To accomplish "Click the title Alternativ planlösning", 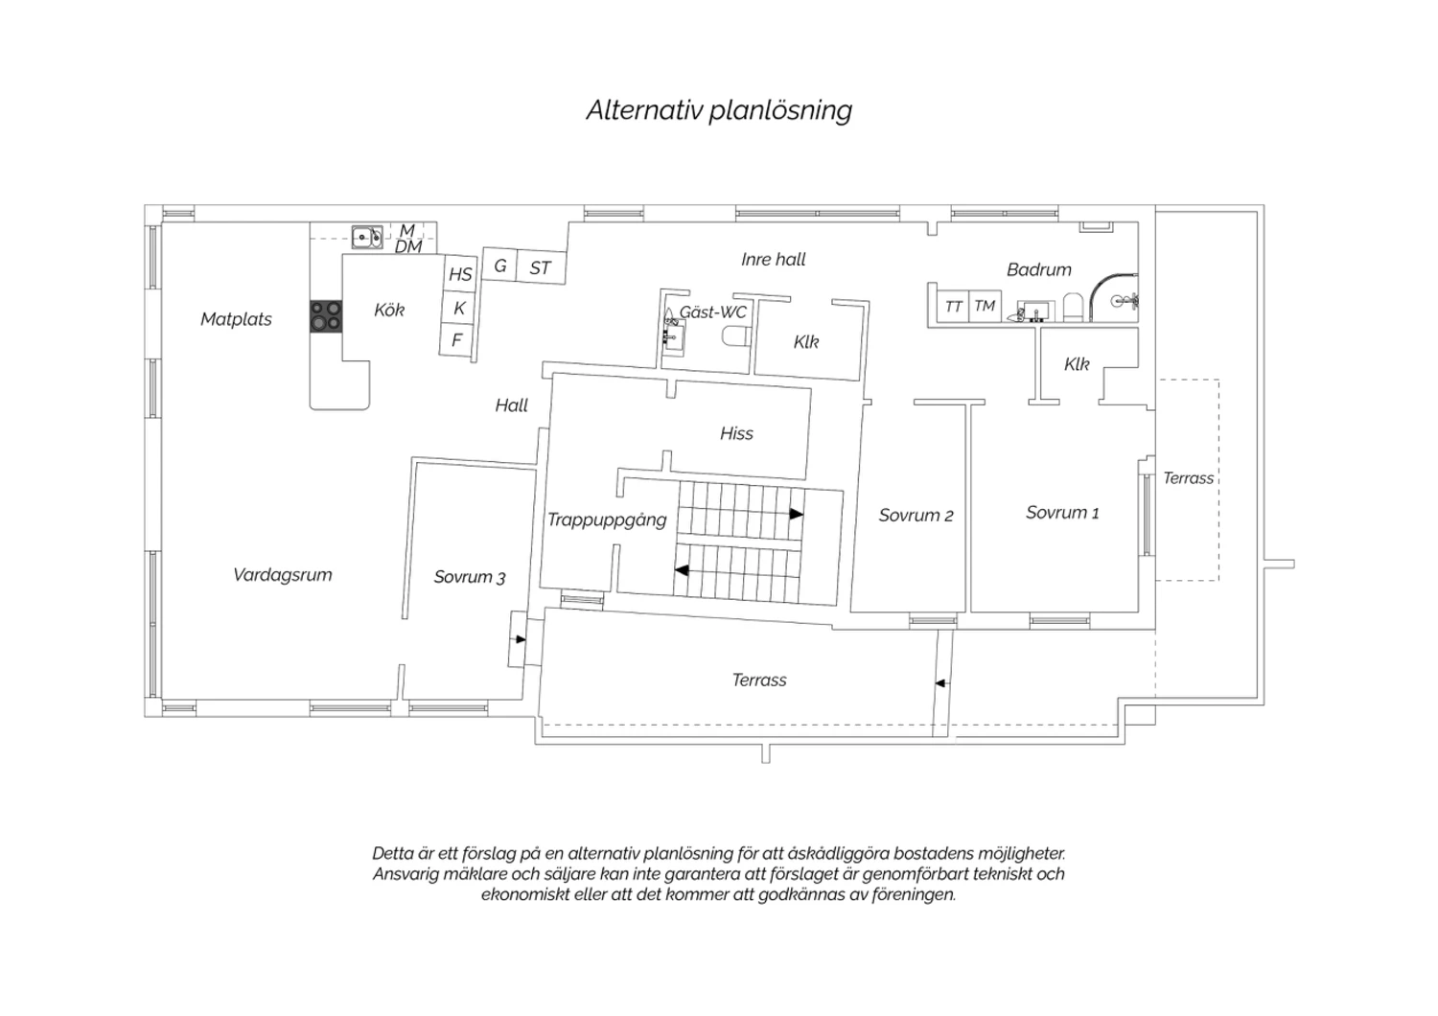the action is pos(719,110).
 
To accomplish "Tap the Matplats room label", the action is pos(236,319).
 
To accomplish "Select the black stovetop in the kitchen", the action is pos(326,316).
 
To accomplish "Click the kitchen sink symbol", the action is pos(367,237).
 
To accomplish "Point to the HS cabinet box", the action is pos(460,274).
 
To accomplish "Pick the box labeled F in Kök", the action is pos(457,339).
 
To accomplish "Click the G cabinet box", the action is pos(500,265).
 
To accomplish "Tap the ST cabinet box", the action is pos(542,267).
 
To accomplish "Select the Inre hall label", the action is pos(773,260).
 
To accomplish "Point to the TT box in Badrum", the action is pos(953,307).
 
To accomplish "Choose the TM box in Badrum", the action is pos(985,306).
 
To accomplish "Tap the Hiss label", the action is pos(736,434).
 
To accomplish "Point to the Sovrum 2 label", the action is pos(916,516).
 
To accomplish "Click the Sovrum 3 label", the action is pos(470,577).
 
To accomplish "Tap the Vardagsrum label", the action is pos(283,574).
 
